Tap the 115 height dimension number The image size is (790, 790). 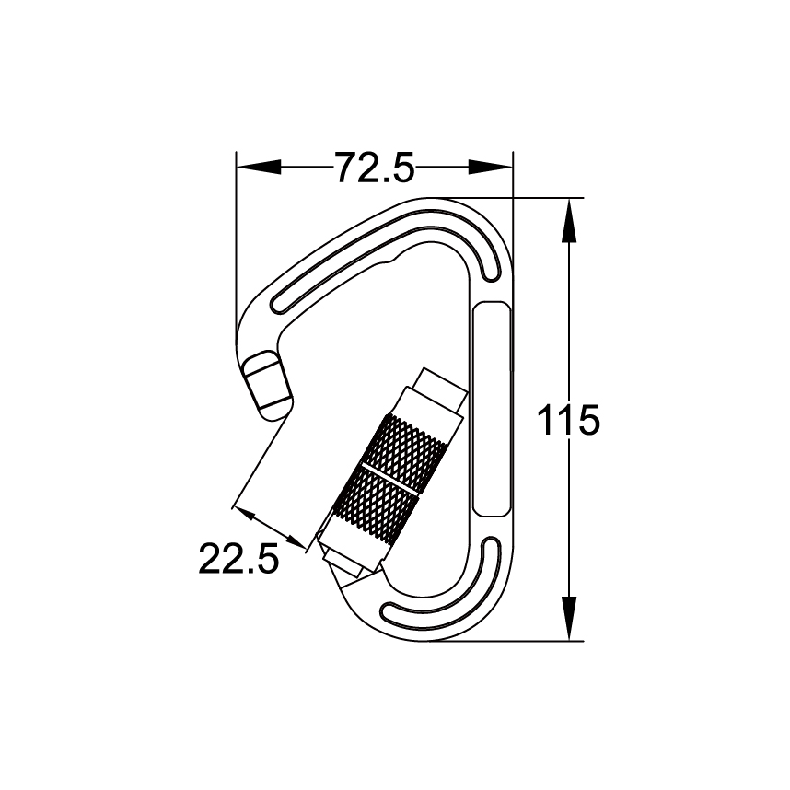click(569, 421)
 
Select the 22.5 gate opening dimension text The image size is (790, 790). click(238, 558)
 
